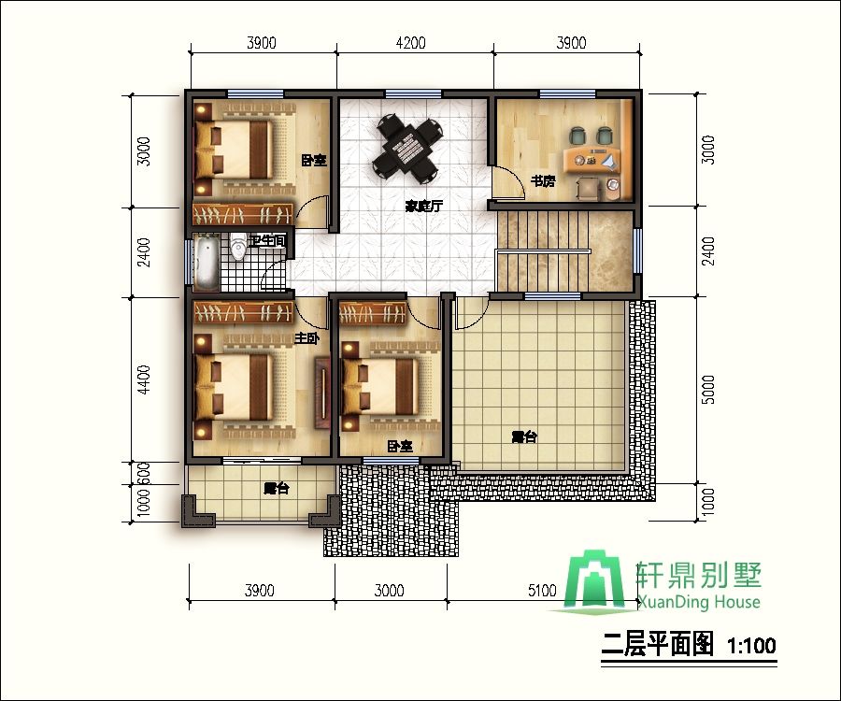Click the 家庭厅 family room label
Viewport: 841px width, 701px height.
(x=422, y=206)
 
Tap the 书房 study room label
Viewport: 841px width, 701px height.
(x=543, y=181)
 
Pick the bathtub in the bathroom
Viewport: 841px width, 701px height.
(x=207, y=263)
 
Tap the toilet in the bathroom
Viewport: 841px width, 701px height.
(x=238, y=248)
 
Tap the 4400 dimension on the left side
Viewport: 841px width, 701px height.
(x=143, y=379)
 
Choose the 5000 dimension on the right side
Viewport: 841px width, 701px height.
(x=707, y=388)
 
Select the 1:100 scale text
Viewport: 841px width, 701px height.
(x=750, y=645)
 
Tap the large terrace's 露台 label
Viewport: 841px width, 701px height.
(x=523, y=436)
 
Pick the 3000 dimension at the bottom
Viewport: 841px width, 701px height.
(x=389, y=590)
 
